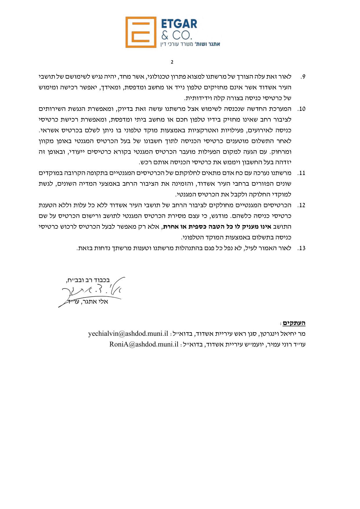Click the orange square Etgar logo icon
pyautogui.click(x=141, y=32)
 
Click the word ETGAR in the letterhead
pyautogui.click(x=179, y=24)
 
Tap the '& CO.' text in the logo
pyautogui.click(x=176, y=35)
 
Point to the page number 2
pyautogui.click(x=172, y=62)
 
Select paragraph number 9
pyautogui.click(x=303, y=77)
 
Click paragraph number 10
pyautogui.click(x=302, y=109)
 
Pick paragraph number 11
pyautogui.click(x=302, y=173)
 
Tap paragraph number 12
pyautogui.click(x=302, y=205)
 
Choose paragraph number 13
pyautogui.click(x=302, y=248)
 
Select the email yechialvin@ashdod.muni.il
pyautogui.click(x=128, y=333)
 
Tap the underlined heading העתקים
pyautogui.click(x=294, y=323)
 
